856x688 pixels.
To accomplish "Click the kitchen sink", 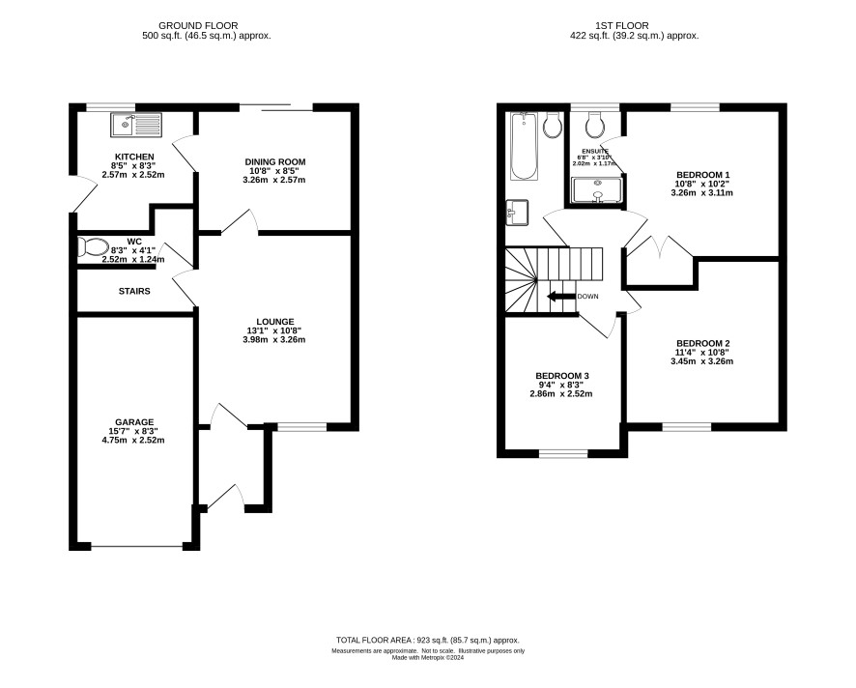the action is pyautogui.click(x=136, y=125).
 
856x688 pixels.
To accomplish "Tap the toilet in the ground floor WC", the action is pyautogui.click(x=93, y=247).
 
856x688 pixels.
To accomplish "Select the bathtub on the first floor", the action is pyautogui.click(x=524, y=146).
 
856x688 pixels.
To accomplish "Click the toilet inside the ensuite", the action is pyautogui.click(x=595, y=125).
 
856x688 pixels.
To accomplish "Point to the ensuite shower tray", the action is pyautogui.click(x=596, y=190).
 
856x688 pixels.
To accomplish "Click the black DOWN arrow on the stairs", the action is pyautogui.click(x=561, y=297).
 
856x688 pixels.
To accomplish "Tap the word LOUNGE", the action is pyautogui.click(x=275, y=322).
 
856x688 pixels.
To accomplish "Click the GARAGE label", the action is pyautogui.click(x=134, y=422).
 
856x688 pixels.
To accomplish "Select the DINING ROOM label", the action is pyautogui.click(x=275, y=162).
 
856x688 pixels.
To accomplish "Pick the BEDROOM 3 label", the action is pyautogui.click(x=561, y=376).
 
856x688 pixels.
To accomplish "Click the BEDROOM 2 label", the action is pyautogui.click(x=702, y=343).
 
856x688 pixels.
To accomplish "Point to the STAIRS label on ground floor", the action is pyautogui.click(x=134, y=292).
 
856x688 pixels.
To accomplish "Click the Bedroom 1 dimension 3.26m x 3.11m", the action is pyautogui.click(x=702, y=192).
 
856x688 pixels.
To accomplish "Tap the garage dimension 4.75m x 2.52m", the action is pyautogui.click(x=133, y=440).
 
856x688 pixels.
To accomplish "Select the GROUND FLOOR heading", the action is pyautogui.click(x=198, y=26).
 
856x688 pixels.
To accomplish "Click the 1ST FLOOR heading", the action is pyautogui.click(x=622, y=26).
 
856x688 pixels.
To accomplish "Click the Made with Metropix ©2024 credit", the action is pyautogui.click(x=428, y=658).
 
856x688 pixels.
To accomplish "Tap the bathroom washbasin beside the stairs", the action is pyautogui.click(x=517, y=213).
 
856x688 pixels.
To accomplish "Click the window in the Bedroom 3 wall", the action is pyautogui.click(x=563, y=453).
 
